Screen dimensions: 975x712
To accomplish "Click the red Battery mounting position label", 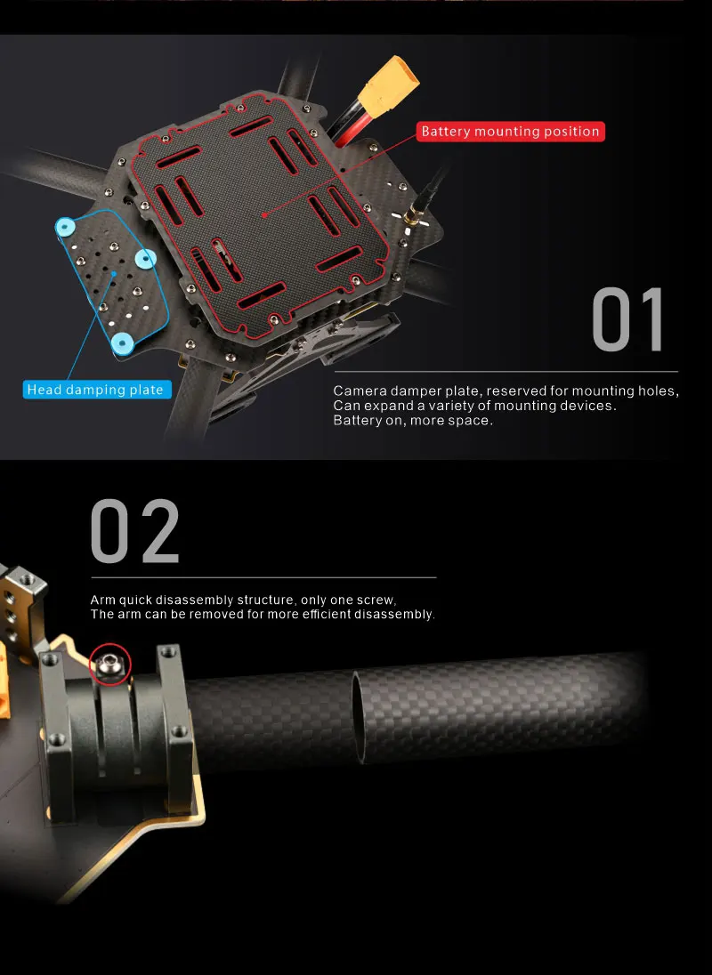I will pyautogui.click(x=511, y=132).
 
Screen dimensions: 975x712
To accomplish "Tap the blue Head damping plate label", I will pyautogui.click(x=95, y=390).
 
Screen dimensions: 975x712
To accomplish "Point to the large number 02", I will pyautogui.click(x=135, y=531).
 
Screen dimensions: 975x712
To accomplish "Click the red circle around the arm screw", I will pyautogui.click(x=111, y=664).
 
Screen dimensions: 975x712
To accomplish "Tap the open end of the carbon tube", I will pyautogui.click(x=358, y=708).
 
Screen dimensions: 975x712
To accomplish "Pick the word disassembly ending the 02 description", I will pyautogui.click(x=394, y=615).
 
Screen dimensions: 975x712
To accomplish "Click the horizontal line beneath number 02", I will pyautogui.click(x=263, y=577).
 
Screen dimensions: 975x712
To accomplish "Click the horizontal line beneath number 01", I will pyautogui.click(x=506, y=371).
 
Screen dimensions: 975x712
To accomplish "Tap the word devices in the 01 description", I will pyautogui.click(x=590, y=406).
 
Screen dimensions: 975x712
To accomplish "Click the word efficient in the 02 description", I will pyautogui.click(x=320, y=615).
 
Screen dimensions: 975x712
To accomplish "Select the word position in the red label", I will pyautogui.click(x=571, y=132).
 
